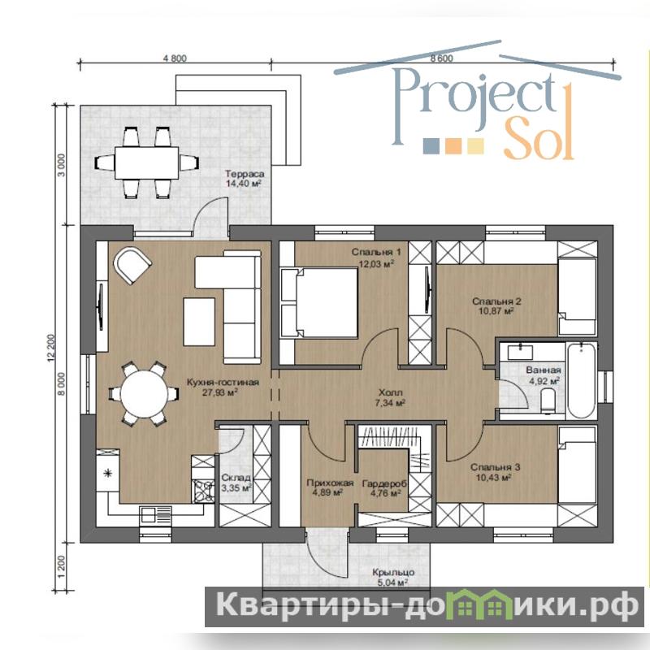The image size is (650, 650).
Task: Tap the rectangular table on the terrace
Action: pos(147,163)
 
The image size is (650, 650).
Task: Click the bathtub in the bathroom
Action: pos(581,381)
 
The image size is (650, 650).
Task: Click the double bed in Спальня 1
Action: pos(319,302)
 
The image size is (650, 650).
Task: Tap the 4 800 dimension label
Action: pos(175,58)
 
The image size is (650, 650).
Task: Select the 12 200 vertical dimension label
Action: pos(51,349)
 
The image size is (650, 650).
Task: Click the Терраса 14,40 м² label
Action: pos(245,179)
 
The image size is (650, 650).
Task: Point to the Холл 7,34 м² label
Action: pos(390,397)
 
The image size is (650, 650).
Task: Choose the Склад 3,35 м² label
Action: pos(236,483)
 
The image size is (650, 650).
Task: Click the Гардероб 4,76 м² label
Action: pos(384,488)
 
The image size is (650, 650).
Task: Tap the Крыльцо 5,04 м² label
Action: pos(393,577)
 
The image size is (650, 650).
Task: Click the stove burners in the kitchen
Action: pos(202,492)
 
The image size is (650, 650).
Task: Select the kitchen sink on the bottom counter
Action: pos(156,514)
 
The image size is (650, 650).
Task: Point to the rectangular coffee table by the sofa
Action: pos(199,321)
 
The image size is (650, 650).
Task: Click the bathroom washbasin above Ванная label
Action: pos(520,351)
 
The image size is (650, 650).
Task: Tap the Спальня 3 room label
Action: pos(495,467)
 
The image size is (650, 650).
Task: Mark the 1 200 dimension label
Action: pos(61,566)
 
